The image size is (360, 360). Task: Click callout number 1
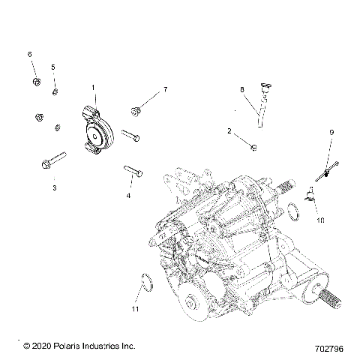94,88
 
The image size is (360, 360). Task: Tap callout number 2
229,131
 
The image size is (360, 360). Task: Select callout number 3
54,188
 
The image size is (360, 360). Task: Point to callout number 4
128,196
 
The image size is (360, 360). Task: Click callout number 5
53,67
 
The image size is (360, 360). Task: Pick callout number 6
30,55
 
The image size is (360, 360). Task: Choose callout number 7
165,89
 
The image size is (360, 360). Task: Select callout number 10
320,221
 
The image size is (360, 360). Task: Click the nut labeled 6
35,80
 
